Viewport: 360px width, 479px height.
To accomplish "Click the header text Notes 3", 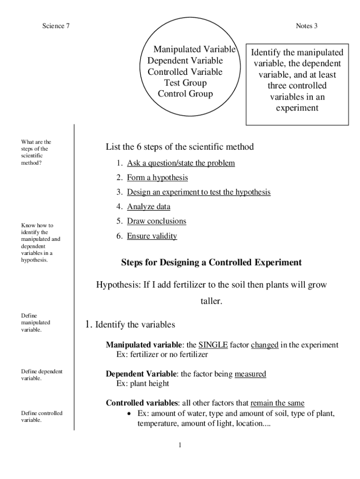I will coord(307,26).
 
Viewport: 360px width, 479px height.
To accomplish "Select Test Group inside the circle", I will coord(185,83).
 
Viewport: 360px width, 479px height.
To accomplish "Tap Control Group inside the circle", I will coord(185,94).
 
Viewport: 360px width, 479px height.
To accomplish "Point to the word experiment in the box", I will coord(297,108).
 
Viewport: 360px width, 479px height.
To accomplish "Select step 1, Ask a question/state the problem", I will coord(181,163).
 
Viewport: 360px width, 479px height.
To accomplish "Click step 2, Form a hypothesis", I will coord(158,178).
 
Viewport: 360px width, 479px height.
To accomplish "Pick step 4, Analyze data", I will coord(149,206).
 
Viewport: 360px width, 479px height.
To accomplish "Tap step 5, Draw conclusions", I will coord(157,221).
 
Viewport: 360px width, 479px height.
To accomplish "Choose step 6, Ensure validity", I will coord(152,236).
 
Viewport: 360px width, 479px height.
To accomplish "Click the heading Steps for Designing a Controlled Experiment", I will coord(211,262).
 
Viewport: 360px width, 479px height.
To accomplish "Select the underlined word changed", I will coord(265,345).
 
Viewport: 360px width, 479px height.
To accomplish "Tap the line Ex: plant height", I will coord(143,384).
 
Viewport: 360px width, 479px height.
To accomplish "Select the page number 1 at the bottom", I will coord(180,445).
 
